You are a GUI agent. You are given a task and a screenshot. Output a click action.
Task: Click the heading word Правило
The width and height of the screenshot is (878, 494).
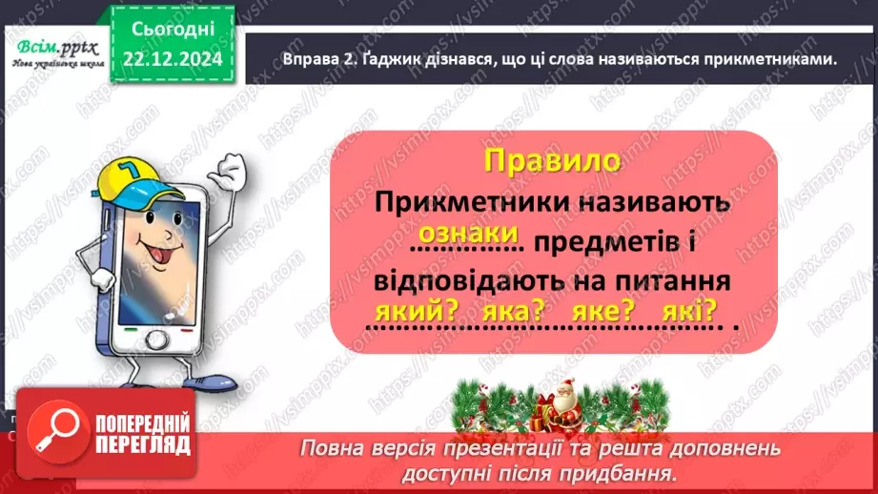tap(551, 160)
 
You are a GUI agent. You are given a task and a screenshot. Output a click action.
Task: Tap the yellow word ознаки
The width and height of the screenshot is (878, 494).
tap(467, 235)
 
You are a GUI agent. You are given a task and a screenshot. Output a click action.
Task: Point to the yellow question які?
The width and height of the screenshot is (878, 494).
tap(686, 312)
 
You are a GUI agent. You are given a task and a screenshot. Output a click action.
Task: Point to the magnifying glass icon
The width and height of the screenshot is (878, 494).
tap(54, 436)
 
